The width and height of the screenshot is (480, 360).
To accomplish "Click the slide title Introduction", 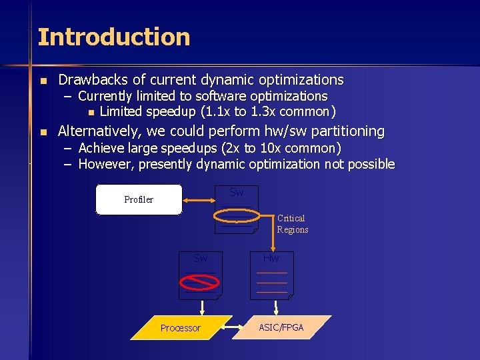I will coord(114,37).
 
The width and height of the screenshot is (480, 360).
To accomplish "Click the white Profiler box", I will coord(139,199).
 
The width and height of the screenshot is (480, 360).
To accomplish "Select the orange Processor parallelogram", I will coord(181,327).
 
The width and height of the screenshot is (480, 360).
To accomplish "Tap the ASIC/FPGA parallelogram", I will coord(281,327).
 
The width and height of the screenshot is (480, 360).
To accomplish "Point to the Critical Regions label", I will coord(292,224).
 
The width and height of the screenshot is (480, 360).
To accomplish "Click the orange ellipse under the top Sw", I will coord(237,216).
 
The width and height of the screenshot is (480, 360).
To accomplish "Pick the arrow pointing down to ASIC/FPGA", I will coord(276,307).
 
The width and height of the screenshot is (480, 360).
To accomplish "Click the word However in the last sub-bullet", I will coord(105,164).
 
